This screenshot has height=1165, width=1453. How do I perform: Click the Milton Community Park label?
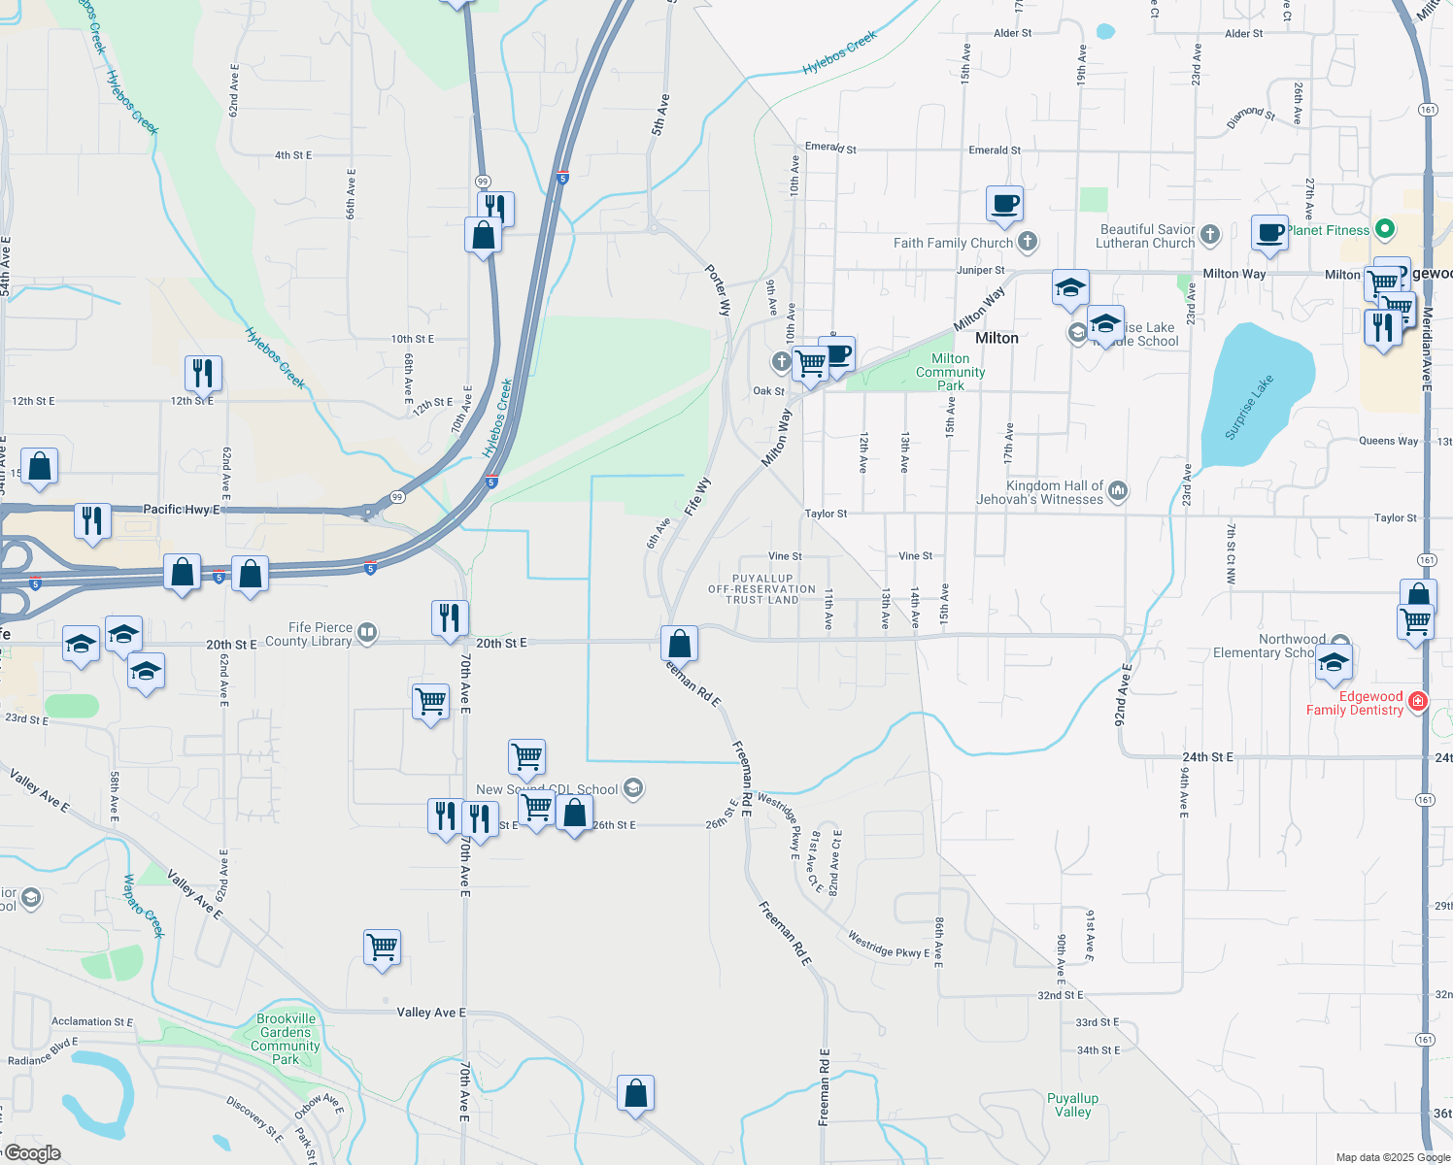[950, 372]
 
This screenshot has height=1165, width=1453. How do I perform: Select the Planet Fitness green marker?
[1386, 229]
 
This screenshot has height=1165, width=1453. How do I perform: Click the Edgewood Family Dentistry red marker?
[1417, 701]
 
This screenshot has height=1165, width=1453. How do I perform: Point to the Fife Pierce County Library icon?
[367, 634]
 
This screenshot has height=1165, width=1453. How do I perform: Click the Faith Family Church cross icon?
[1028, 242]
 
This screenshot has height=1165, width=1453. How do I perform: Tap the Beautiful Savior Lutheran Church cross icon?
[1209, 234]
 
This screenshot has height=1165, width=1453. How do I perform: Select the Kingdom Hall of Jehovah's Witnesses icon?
[1118, 491]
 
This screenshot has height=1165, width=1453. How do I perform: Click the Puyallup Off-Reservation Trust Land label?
[762, 589]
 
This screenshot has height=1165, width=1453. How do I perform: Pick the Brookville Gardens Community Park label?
[286, 1039]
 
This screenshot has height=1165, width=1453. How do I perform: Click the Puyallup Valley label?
[1073, 1105]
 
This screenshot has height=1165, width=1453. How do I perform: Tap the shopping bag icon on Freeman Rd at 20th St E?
[680, 644]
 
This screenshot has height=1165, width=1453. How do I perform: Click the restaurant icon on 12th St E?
[203, 373]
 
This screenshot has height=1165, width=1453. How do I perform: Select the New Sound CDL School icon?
[633, 788]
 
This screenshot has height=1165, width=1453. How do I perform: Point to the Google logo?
[32, 1152]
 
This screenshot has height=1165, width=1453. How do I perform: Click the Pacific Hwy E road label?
[182, 509]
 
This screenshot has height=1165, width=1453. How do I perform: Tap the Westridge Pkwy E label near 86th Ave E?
[888, 945]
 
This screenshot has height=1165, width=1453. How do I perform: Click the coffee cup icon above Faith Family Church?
[1005, 204]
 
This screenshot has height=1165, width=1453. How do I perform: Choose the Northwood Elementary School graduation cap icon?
[1334, 663]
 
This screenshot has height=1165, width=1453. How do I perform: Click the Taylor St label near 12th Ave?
[826, 514]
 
